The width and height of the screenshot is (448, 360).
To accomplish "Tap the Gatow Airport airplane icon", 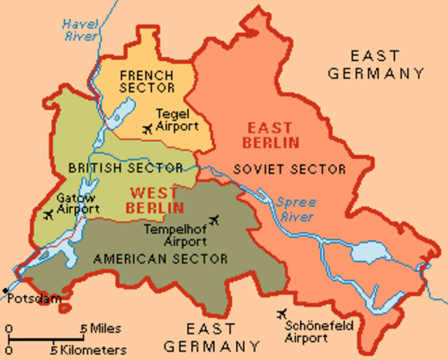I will [x=49, y=216].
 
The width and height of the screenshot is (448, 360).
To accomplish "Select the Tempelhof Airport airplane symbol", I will [x=216, y=220].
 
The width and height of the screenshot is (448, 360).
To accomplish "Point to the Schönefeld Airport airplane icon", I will [x=282, y=313].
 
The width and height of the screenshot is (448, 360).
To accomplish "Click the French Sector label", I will [x=146, y=82].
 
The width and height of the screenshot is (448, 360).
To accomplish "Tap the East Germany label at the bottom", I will [x=212, y=337].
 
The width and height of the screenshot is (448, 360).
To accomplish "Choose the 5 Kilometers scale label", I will [x=88, y=349].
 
